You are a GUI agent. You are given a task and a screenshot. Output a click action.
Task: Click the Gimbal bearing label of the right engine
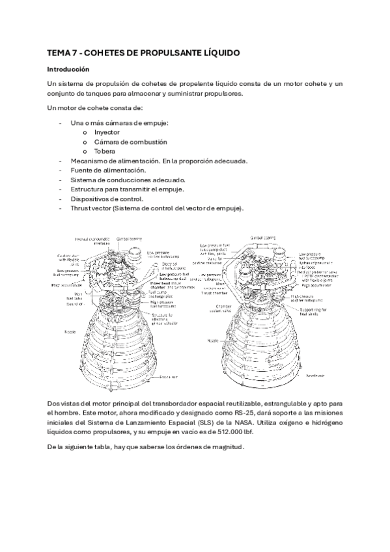264,238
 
